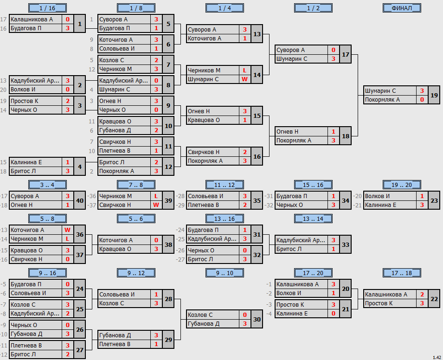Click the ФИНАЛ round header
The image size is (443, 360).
(x=402, y=8)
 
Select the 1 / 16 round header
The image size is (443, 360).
(x=47, y=8)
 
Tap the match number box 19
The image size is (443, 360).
(x=434, y=95)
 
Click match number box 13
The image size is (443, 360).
(x=257, y=34)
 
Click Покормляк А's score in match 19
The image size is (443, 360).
(x=422, y=99)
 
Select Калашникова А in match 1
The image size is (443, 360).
(x=32, y=19)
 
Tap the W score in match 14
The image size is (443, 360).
(x=244, y=79)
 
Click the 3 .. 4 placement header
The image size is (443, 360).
(x=47, y=185)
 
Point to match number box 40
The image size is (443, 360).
(x=80, y=200)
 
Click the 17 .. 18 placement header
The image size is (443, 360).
(x=402, y=273)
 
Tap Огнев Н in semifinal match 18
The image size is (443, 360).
(x=287, y=131)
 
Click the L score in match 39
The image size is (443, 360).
(x=156, y=196)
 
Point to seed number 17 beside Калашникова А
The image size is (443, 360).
(x=3, y=19)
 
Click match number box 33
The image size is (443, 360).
(x=346, y=244)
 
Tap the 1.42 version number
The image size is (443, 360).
(x=437, y=358)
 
